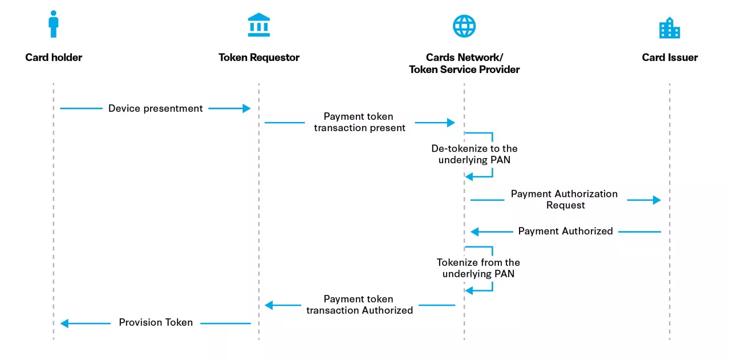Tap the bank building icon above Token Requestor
pyautogui.click(x=259, y=26)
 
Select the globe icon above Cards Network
pyautogui.click(x=464, y=26)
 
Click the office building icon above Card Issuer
pyautogui.click(x=670, y=27)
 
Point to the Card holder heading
pyautogui.click(x=54, y=57)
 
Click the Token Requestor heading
pyautogui.click(x=259, y=57)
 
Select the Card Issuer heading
pyautogui.click(x=670, y=57)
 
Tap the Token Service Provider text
pyautogui.click(x=464, y=70)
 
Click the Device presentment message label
pyautogui.click(x=156, y=108)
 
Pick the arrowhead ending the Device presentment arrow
pyautogui.click(x=246, y=108)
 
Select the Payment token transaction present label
pyautogui.click(x=359, y=122)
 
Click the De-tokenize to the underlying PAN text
pyautogui.click(x=474, y=154)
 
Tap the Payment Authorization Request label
pyautogui.click(x=564, y=199)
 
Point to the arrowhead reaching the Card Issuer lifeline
pyautogui.click(x=656, y=200)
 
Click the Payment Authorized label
pyautogui.click(x=565, y=231)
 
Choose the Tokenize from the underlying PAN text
pyautogui.click(x=478, y=268)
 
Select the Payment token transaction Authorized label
pyautogui.click(x=359, y=305)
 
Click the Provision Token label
pyautogui.click(x=156, y=322)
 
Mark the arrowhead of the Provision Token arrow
pyautogui.click(x=64, y=323)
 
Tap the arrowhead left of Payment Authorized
pyautogui.click(x=474, y=232)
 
